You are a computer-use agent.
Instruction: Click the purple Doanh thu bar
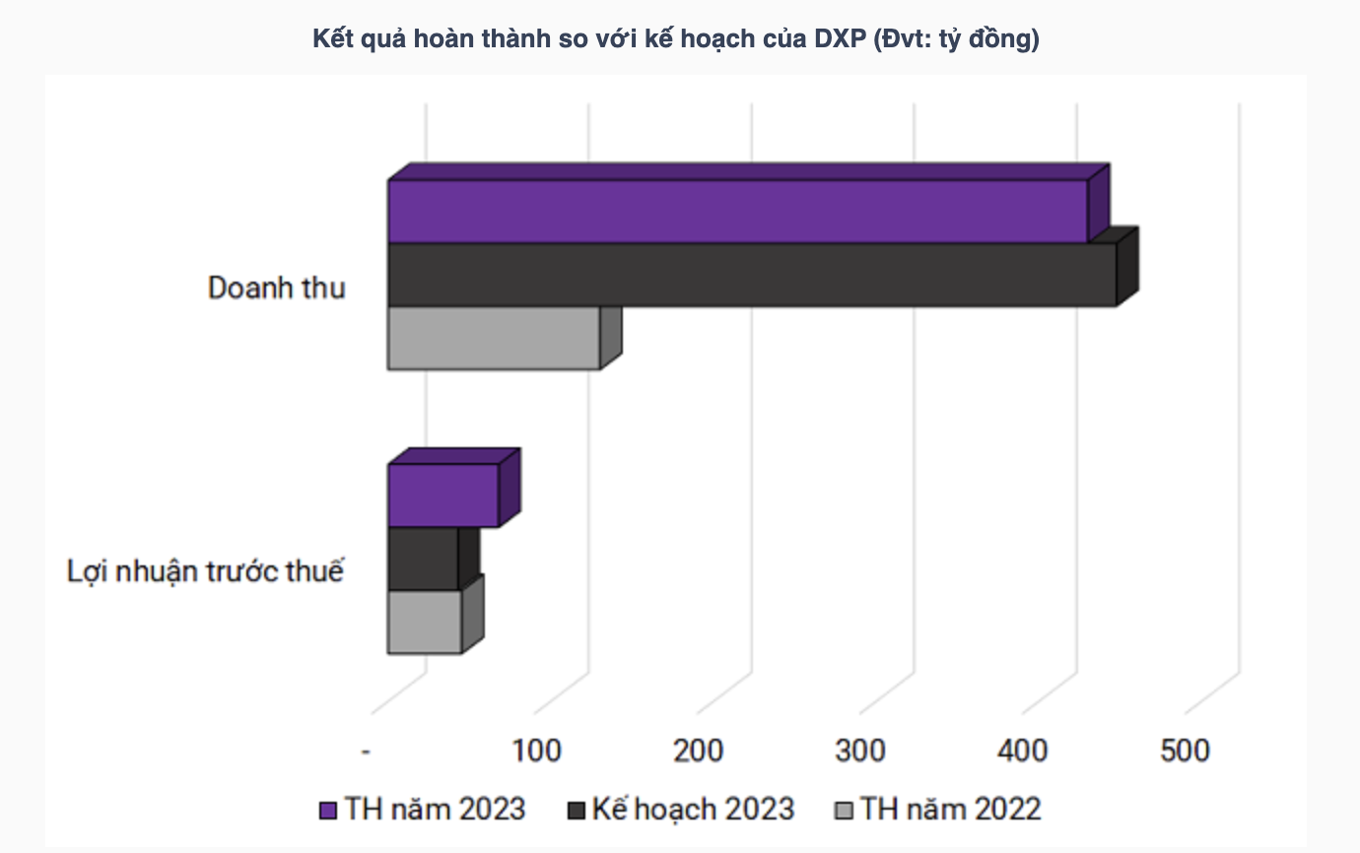tap(737, 211)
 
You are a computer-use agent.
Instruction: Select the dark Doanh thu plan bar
tap(751, 275)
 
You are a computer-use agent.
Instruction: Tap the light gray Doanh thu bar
tap(493, 338)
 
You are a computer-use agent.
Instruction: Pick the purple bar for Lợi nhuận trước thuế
tap(442, 495)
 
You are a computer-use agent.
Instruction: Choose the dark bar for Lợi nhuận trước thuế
tap(423, 558)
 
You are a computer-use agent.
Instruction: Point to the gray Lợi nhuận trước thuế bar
tap(424, 622)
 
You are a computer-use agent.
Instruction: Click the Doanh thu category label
tap(277, 289)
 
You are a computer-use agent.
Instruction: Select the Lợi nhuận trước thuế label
tap(205, 571)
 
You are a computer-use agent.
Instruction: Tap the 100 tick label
tap(537, 751)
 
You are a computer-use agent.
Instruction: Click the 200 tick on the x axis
tap(699, 751)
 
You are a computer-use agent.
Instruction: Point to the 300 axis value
tap(860, 751)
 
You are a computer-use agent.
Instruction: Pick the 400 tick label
tap(1023, 751)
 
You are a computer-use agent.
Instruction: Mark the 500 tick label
tap(1185, 751)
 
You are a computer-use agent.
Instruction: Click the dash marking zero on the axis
tap(366, 752)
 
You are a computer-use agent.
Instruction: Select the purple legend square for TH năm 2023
tap(329, 811)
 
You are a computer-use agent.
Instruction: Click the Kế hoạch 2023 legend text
tap(693, 809)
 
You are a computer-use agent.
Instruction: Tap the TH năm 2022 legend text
tap(951, 809)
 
